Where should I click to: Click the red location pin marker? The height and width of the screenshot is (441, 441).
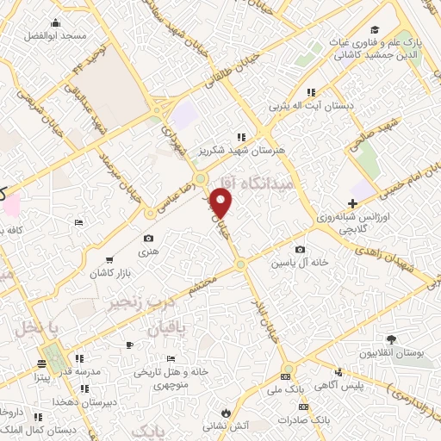222,202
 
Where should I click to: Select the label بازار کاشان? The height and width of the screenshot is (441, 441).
109,273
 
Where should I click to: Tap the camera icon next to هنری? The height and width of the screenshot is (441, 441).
148,238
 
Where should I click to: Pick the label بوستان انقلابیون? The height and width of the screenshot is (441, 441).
394,354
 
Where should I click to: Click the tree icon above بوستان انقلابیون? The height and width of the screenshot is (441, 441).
393,339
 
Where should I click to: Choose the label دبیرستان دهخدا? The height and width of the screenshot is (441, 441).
53,402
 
